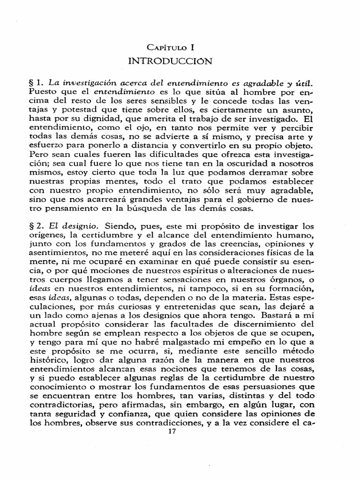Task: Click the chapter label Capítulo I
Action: (180, 48)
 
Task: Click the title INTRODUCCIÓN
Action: (180, 61)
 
